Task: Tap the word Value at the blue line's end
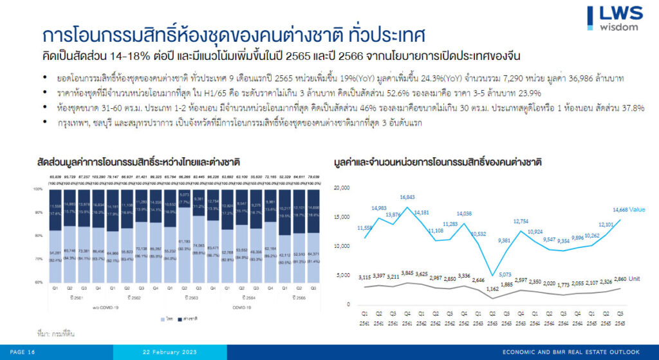coord(637,209)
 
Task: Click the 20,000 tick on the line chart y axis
coord(342,187)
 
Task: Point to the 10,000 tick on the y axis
coord(342,246)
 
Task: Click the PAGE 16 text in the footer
coord(23,352)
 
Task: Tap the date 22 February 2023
coord(169,352)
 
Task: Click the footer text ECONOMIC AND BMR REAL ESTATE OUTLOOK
coord(571,352)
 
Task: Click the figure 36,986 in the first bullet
coord(596,78)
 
